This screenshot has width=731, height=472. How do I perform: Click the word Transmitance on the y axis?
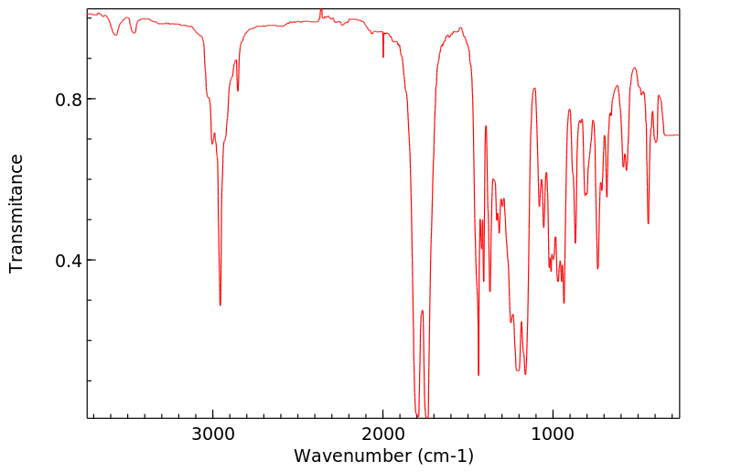pos(16,213)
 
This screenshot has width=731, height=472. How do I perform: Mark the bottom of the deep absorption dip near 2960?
pos(220,305)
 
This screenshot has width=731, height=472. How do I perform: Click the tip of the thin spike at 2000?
pos(383,57)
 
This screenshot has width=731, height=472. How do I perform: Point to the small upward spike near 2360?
pos(321,10)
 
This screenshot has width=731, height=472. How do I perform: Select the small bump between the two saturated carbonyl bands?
pos(423,311)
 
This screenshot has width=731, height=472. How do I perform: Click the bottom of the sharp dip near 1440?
pos(478,374)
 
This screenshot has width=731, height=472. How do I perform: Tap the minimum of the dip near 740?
pos(597,268)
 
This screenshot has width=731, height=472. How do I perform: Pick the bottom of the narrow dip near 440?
pos(649,223)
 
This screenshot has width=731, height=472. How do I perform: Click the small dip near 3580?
pos(115,35)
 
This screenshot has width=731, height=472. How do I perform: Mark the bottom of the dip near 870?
pos(575,242)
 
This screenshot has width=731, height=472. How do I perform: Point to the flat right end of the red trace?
pos(672,135)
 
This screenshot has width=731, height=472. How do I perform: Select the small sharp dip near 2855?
pos(238,91)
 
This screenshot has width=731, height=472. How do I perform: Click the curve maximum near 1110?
pos(534,89)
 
